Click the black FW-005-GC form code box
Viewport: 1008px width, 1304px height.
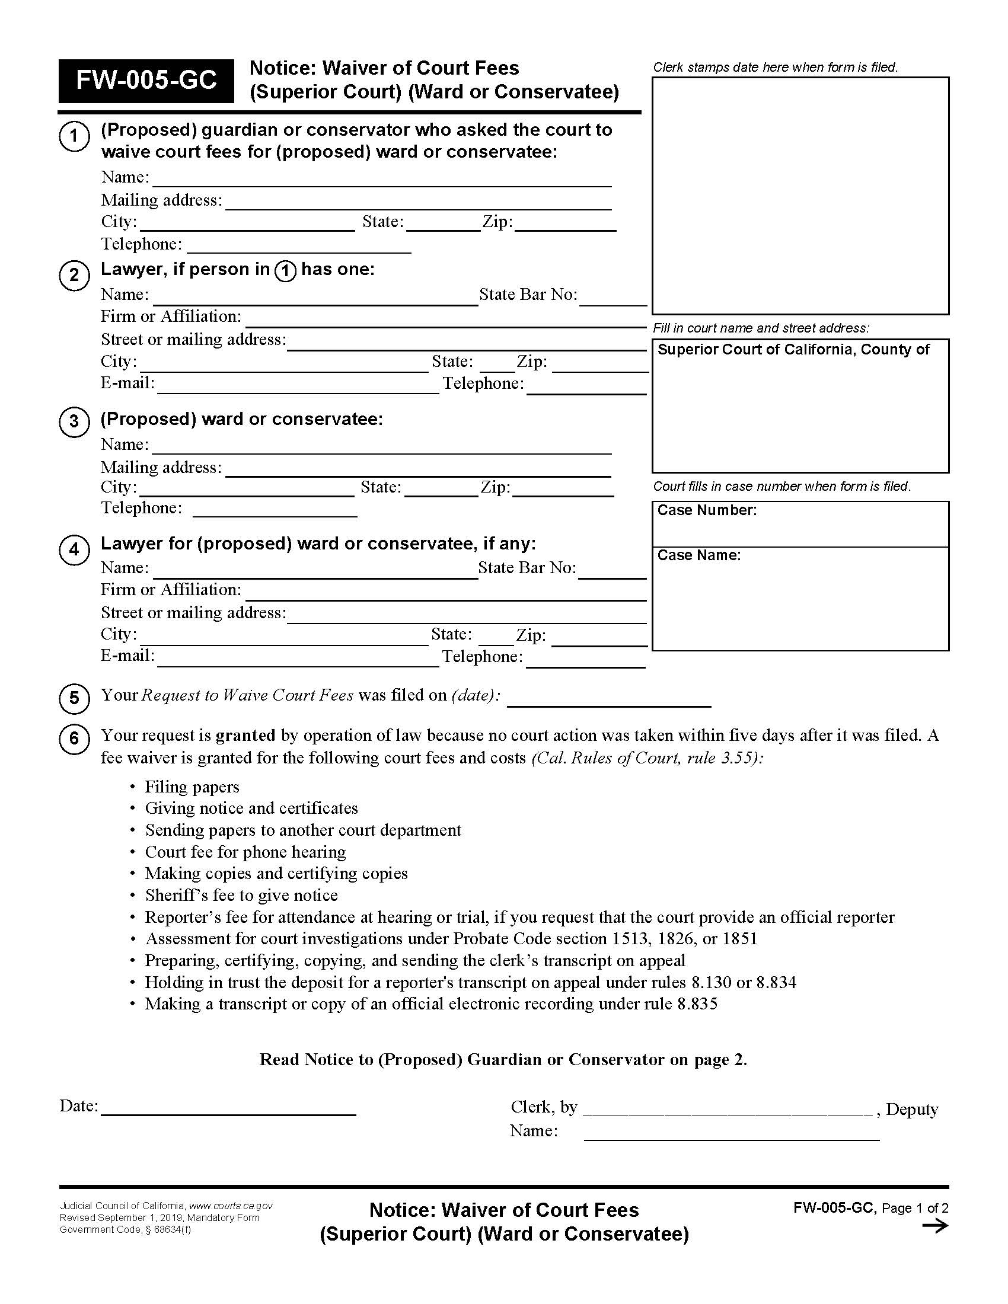pos(146,81)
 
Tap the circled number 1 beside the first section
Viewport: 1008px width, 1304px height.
pos(74,136)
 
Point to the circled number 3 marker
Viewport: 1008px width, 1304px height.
pos(74,421)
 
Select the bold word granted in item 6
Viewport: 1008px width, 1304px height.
pos(245,735)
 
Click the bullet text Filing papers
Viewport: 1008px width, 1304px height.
pos(192,787)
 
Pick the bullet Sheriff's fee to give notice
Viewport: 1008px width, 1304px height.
pos(241,895)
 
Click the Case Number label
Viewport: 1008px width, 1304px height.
pos(706,510)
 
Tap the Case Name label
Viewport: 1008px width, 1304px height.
pos(698,555)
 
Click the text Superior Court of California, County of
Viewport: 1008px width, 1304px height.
pos(793,350)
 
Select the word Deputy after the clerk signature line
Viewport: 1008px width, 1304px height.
pos(912,1110)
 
